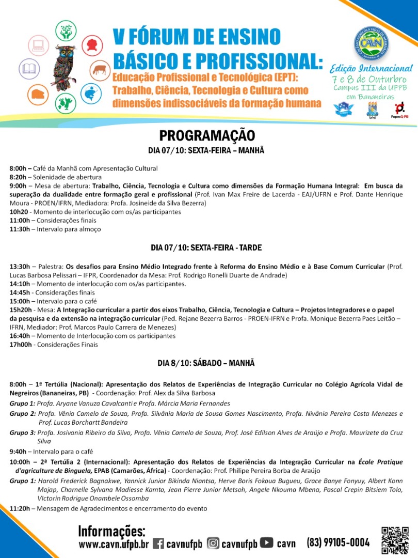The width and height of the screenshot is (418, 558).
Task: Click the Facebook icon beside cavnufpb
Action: [x=158, y=543]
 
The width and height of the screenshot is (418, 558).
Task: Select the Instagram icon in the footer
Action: [x=213, y=543]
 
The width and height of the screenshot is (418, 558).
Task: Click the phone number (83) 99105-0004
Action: [x=338, y=542]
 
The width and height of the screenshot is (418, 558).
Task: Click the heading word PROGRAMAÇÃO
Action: [x=206, y=135]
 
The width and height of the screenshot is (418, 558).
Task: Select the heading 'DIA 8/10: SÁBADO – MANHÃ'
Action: [x=206, y=363]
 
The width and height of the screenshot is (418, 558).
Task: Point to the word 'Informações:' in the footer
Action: [x=111, y=531]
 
